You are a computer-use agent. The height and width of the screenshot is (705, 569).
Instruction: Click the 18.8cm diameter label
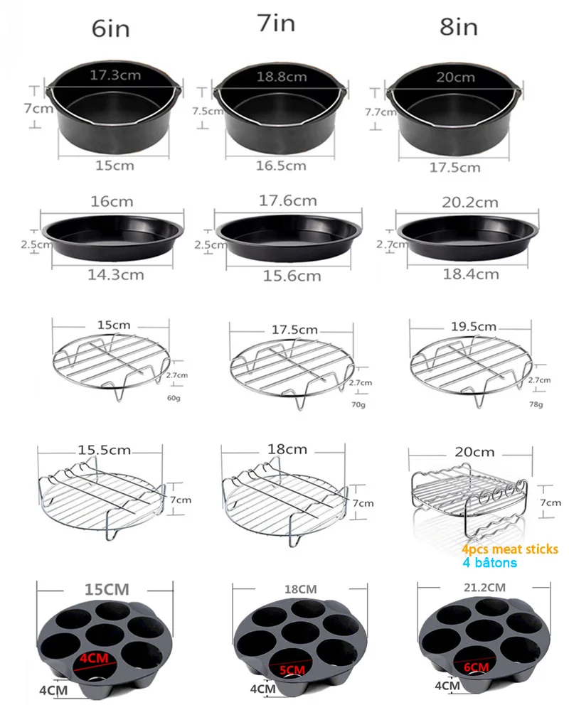tap(283, 77)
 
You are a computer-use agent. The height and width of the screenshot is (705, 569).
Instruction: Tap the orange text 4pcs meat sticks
tap(509, 549)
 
